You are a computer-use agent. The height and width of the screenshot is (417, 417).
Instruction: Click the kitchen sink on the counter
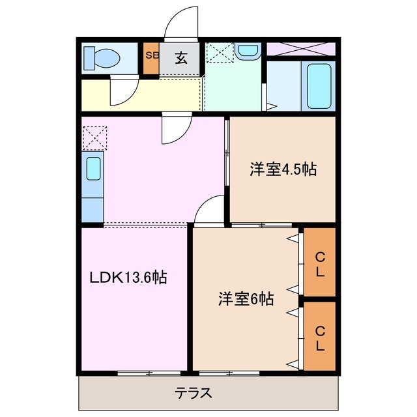click(x=93, y=169)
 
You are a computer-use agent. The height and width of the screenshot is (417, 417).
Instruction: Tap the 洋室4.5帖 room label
click(x=283, y=170)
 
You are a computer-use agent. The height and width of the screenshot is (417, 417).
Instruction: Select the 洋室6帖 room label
click(x=245, y=299)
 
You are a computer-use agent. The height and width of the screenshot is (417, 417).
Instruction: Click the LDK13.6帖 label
click(x=128, y=278)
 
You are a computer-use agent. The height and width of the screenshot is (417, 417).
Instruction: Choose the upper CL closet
click(x=319, y=261)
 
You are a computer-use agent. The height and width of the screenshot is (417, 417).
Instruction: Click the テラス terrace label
click(x=194, y=393)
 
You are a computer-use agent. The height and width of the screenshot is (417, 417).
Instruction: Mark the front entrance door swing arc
click(x=179, y=25)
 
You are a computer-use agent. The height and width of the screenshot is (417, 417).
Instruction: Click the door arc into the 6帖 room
click(x=210, y=212)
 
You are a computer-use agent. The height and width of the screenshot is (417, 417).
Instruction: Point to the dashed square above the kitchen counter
click(x=93, y=137)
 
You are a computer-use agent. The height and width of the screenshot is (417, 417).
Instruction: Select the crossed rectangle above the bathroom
click(x=300, y=48)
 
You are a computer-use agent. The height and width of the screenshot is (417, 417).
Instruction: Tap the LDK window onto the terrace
click(x=148, y=373)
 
